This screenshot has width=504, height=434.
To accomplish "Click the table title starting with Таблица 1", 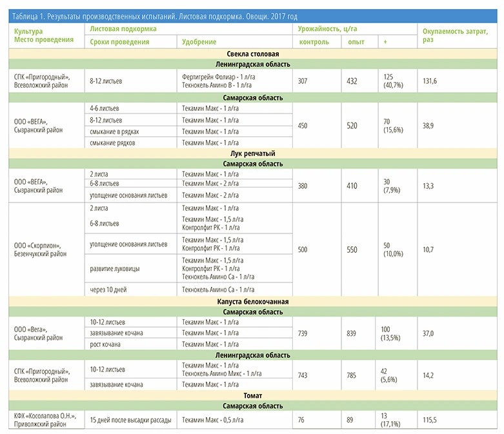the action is [155, 16].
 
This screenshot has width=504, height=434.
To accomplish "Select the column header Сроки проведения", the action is [119, 42].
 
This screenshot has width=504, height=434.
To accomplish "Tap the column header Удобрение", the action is [199, 42].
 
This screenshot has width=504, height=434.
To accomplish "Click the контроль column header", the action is [314, 42].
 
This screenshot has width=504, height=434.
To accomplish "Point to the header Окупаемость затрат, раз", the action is [455, 35].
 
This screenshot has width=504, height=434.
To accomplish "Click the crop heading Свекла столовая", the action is [252, 54].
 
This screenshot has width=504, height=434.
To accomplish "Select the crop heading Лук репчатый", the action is [252, 153].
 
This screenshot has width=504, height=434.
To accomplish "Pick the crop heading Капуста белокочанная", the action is [252, 301].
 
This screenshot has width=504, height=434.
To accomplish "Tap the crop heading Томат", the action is [252, 395].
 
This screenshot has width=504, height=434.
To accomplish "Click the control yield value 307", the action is [303, 81].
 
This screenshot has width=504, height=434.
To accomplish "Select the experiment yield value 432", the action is [352, 81].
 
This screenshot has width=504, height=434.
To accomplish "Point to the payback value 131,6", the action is [430, 81].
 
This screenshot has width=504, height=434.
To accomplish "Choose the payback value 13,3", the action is [428, 186].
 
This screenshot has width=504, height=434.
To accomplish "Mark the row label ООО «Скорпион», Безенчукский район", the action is [40, 250].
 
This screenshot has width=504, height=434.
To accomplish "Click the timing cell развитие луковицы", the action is [115, 268].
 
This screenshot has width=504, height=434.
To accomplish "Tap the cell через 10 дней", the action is [108, 290].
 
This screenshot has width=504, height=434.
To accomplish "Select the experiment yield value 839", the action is [351, 333].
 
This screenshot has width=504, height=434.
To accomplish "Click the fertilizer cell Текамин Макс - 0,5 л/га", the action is [212, 420].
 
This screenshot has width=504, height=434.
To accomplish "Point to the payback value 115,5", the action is [429, 420].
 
